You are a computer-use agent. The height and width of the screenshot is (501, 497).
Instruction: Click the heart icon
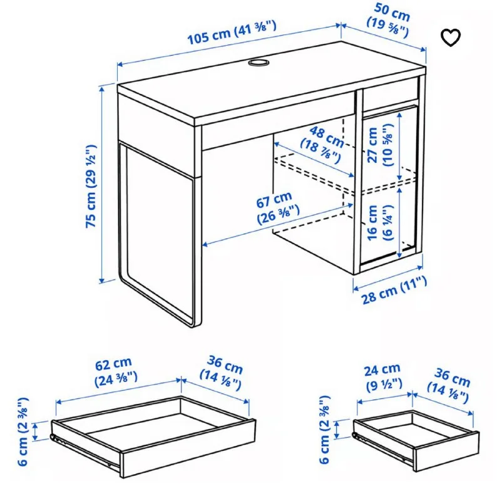[x=451, y=38]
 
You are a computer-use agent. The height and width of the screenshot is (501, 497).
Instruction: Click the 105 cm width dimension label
[x=232, y=33]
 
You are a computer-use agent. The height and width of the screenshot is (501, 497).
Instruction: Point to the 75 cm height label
[x=91, y=187]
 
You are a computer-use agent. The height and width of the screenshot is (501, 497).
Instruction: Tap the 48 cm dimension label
[x=322, y=145]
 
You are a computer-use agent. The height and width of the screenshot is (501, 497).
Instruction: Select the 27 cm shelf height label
[x=380, y=145]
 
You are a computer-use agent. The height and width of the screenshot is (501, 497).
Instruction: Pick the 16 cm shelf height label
[x=379, y=223]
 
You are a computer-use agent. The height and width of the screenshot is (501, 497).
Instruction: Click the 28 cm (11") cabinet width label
[x=394, y=291]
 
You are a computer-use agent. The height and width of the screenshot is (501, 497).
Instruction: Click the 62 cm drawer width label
[x=115, y=372]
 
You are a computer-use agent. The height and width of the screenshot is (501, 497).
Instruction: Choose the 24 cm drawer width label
[x=383, y=378]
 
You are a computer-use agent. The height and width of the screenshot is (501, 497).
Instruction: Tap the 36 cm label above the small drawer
[x=449, y=386]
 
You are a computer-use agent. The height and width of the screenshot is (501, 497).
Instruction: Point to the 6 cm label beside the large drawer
[x=23, y=432]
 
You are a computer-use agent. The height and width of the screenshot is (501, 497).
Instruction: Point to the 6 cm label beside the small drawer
[x=324, y=430]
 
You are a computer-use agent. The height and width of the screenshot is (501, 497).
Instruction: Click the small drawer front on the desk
[x=391, y=93]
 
